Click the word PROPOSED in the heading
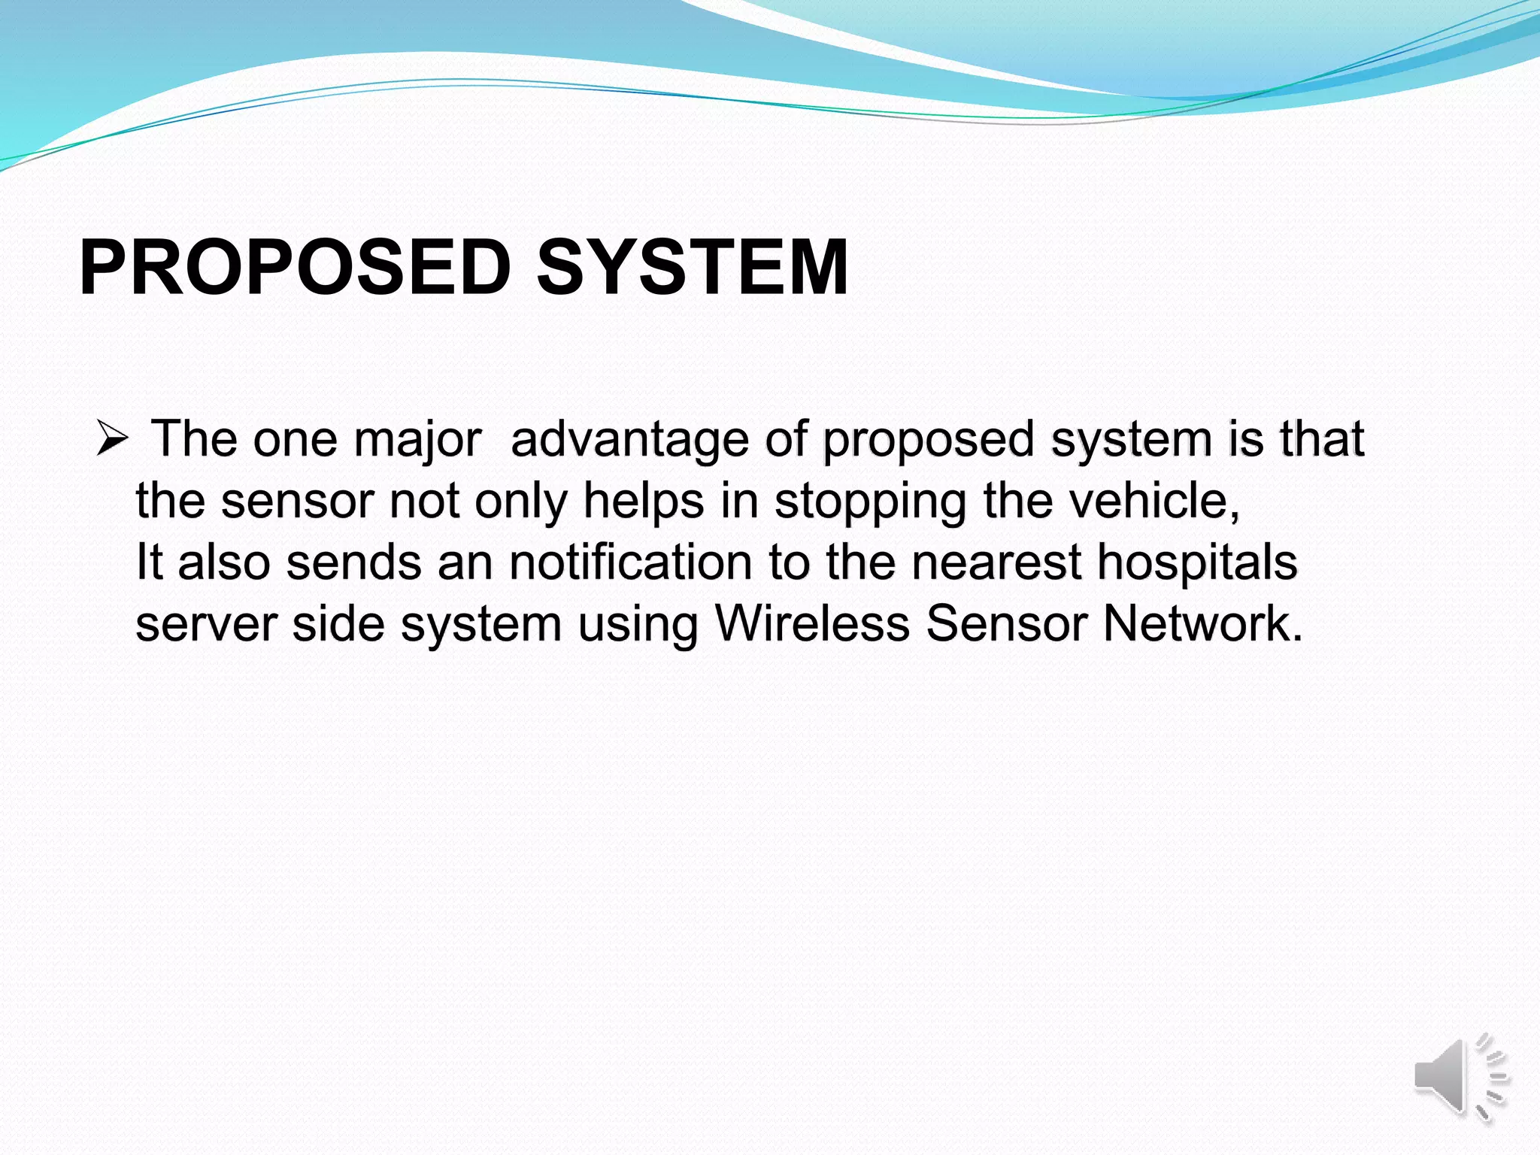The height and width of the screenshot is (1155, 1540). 295,268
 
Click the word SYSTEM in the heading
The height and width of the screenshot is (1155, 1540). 692,268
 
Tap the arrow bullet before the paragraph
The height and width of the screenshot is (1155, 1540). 113,438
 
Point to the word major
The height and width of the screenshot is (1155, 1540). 417,440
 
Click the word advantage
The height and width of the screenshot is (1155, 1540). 629,440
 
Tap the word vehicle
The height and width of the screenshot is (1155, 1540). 1146,501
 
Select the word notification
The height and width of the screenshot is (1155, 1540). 631,562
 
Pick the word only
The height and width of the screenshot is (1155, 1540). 521,502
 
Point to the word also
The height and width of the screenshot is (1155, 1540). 224,562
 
